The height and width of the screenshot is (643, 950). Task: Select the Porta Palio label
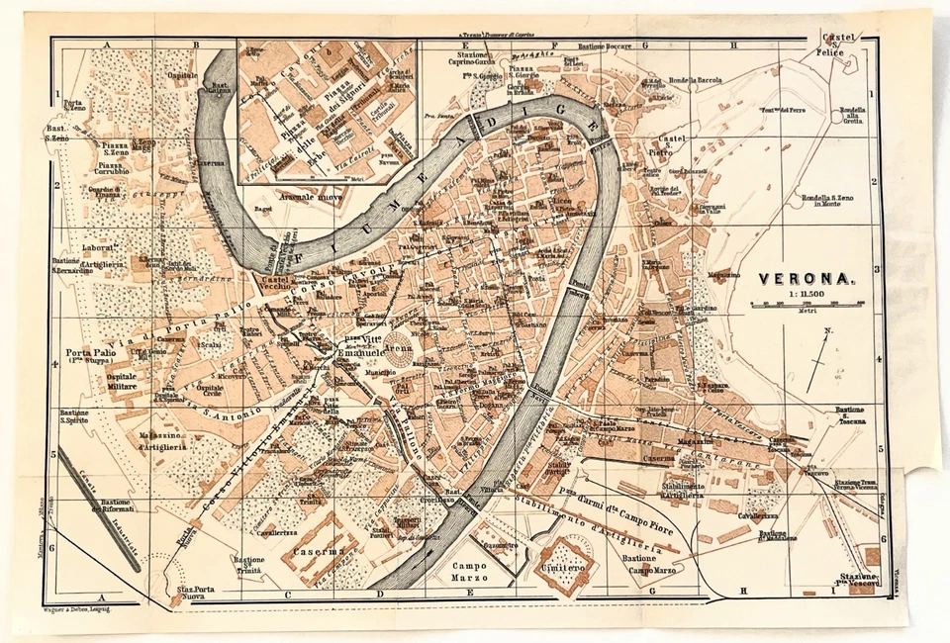pyautogui.click(x=92, y=353)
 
